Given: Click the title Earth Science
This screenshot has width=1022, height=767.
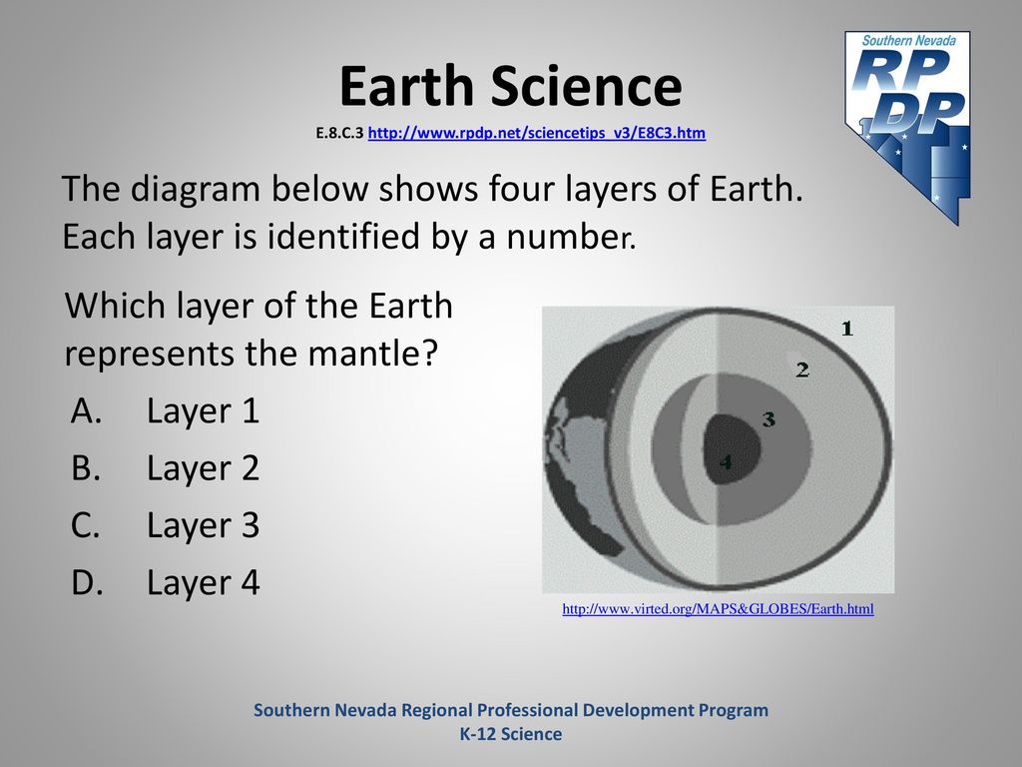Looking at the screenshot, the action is (x=510, y=86).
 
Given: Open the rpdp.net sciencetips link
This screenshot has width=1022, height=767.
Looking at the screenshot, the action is (x=536, y=133).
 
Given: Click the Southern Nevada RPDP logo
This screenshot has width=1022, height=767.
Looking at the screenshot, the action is (x=908, y=127).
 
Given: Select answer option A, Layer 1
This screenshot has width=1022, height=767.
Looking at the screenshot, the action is (x=165, y=410).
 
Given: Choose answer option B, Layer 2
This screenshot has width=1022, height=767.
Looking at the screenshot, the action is (x=165, y=468).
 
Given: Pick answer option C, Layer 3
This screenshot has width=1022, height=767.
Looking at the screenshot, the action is (x=165, y=525).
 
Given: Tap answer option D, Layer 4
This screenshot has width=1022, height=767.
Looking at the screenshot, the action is (x=165, y=582).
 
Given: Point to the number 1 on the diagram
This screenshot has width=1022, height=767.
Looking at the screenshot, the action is (x=847, y=328).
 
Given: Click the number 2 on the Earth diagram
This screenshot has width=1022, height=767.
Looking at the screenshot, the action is (x=802, y=371).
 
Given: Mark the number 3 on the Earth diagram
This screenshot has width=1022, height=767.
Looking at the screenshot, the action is (x=768, y=418).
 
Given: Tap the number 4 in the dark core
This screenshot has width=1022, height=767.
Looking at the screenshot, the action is (x=726, y=462).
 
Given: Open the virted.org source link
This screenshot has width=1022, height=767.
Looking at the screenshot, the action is (x=718, y=609).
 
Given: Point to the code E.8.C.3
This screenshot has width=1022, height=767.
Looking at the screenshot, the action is (x=339, y=133).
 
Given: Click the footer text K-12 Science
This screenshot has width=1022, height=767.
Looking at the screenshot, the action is (x=511, y=734).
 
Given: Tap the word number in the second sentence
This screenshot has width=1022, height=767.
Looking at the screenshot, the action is (x=567, y=237).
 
